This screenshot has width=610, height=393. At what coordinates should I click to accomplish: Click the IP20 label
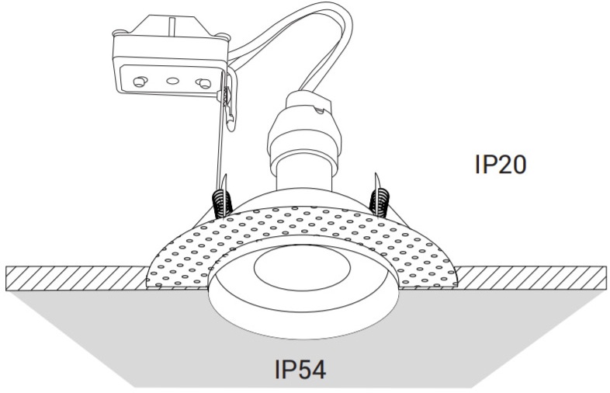pos(500,165)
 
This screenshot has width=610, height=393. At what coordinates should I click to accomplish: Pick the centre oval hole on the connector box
pos(173,82)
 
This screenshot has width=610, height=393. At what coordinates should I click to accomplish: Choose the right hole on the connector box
pos(203,82)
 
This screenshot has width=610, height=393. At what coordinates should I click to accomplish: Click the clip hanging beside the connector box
pos(227,105)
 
